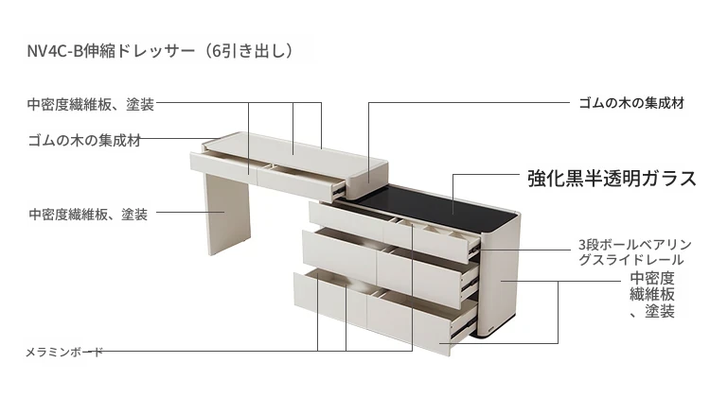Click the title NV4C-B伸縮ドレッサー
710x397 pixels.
click(111, 51)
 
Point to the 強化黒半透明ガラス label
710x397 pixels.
click(612, 178)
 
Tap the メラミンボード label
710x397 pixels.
click(63, 352)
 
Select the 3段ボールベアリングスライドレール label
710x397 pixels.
click(635, 252)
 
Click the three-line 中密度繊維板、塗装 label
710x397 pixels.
click(652, 294)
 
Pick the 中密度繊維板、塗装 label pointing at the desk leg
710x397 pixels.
click(88, 214)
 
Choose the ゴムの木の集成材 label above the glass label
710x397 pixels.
click(631, 103)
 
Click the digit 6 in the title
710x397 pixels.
click(217, 51)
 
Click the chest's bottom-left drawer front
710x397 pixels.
click(330, 298)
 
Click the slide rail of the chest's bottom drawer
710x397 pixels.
click(464, 327)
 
